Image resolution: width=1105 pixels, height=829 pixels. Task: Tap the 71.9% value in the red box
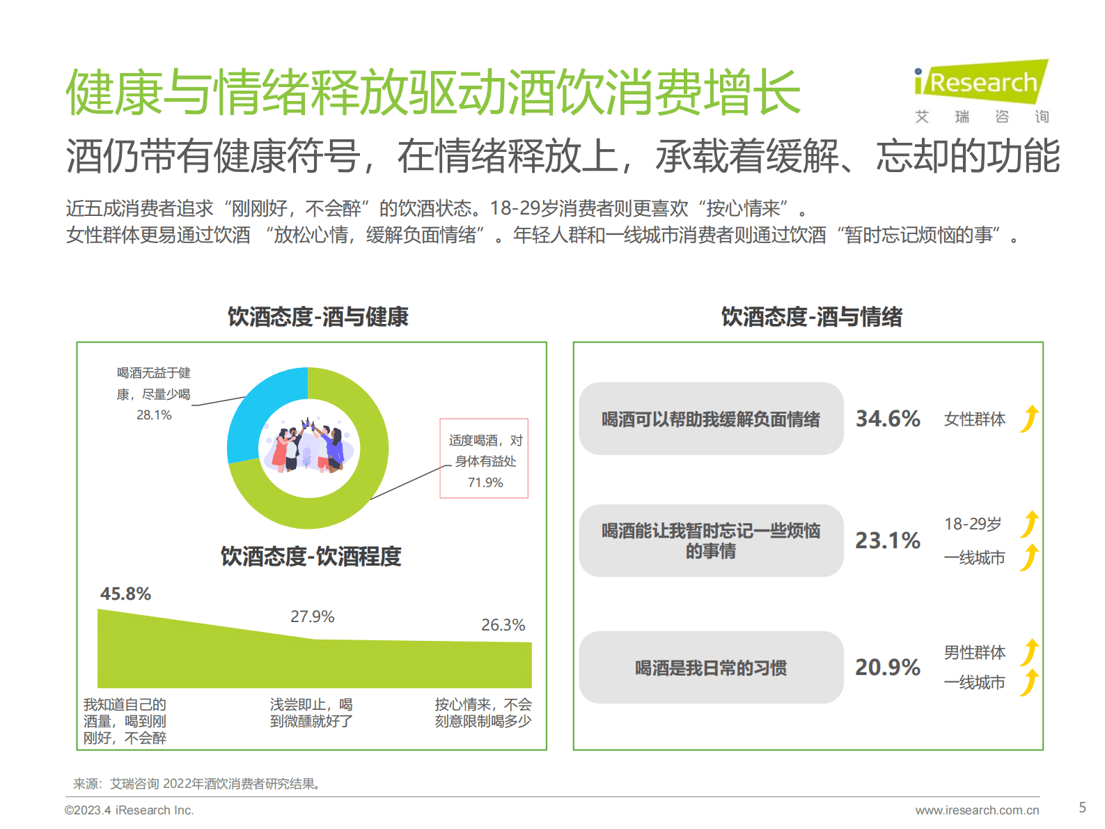point(485,482)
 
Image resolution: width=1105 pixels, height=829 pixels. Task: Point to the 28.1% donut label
point(154,415)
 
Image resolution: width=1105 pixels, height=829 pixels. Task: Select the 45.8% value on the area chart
point(125,594)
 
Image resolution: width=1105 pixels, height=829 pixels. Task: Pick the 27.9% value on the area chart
point(313,617)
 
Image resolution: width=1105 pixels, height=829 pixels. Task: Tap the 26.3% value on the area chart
point(503,625)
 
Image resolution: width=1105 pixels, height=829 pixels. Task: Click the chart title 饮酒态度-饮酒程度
point(311,557)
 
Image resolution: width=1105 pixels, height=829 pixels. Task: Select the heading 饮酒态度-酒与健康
point(318,317)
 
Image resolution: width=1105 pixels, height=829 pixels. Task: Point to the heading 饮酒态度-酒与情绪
point(811,317)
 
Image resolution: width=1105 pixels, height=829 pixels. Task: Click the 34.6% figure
point(888,419)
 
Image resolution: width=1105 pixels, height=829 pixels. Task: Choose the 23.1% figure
point(888,541)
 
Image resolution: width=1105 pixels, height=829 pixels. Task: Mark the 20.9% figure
point(888,667)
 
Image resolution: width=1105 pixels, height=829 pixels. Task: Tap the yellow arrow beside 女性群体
point(1030,419)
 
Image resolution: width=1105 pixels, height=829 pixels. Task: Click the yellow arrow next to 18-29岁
point(1030,524)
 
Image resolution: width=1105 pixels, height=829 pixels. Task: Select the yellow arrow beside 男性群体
point(1030,652)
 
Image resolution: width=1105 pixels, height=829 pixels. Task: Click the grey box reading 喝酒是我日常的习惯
point(711,667)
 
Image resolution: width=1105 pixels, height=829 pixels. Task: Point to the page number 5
point(1082,807)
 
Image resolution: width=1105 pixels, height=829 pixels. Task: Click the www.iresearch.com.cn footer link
point(977,810)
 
